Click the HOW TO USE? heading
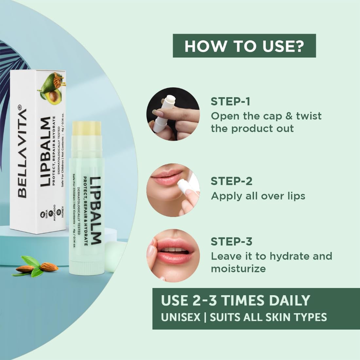pyautogui.click(x=244, y=46)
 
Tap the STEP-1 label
pyautogui.click(x=230, y=101)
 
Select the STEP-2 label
pyautogui.click(x=231, y=181)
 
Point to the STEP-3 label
pyautogui.click(x=231, y=242)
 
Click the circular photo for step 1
pyautogui.click(x=173, y=114)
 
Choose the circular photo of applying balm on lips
pyautogui.click(x=173, y=190)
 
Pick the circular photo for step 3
pyautogui.click(x=173, y=255)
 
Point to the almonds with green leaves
pyautogui.click(x=36, y=267)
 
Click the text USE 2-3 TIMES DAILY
pyautogui.click(x=235, y=300)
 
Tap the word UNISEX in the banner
pyautogui.click(x=180, y=317)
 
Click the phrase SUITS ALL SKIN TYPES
pyautogui.click(x=268, y=317)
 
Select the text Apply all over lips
pyautogui.click(x=258, y=196)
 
